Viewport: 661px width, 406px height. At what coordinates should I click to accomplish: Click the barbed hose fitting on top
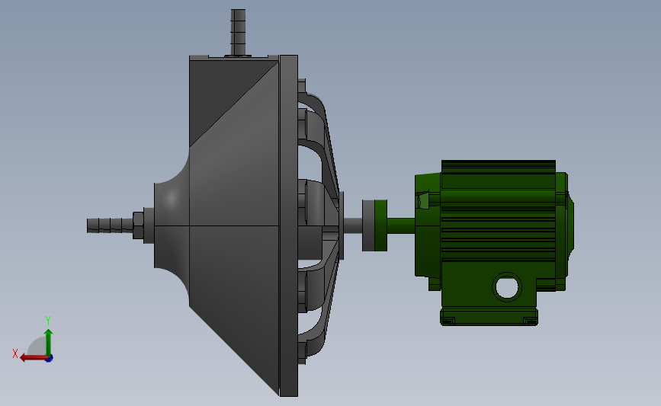[238, 33]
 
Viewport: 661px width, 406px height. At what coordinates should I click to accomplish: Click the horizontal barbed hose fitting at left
[111, 225]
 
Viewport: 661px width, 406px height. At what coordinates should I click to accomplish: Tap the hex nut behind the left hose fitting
[138, 225]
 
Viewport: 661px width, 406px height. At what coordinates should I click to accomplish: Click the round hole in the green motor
[507, 287]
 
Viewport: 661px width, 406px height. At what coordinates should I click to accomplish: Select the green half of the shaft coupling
[380, 225]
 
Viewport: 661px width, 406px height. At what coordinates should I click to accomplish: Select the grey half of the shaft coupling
[368, 225]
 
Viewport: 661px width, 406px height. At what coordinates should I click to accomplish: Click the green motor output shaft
[401, 225]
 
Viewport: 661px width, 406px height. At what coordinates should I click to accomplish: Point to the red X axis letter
[15, 353]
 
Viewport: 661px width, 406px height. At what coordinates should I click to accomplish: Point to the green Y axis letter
[47, 321]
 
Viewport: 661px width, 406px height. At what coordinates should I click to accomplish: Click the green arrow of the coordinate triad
[49, 343]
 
